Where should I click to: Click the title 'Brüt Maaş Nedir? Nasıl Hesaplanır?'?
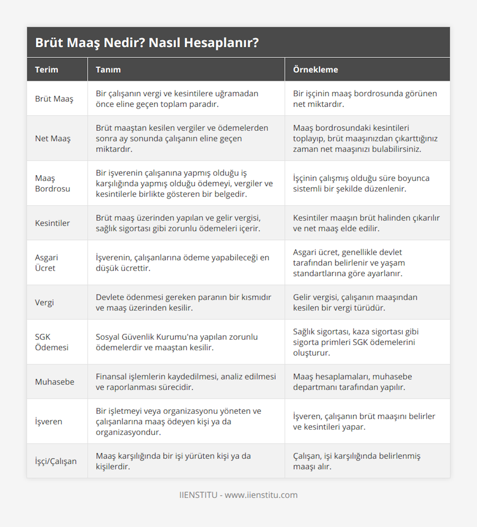[x=147, y=42]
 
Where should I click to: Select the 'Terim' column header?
[x=47, y=69]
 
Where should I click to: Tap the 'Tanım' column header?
[x=108, y=69]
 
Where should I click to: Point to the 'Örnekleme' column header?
[x=315, y=69]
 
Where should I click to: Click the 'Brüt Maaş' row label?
[x=54, y=99]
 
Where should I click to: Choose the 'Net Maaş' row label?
[x=52, y=138]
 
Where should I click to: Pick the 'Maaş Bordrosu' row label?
[x=52, y=183]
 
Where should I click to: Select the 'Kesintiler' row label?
[x=52, y=223]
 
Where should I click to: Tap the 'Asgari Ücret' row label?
[x=47, y=263]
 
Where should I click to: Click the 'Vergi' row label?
[x=44, y=302]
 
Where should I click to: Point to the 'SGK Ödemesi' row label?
[x=52, y=342]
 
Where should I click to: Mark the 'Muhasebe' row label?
[x=54, y=382]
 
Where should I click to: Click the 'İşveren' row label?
[x=48, y=421]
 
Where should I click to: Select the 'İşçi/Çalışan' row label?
[x=56, y=461]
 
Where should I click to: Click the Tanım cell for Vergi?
[x=183, y=302]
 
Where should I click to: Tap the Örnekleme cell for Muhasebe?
[x=352, y=382]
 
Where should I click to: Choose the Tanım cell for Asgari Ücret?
[x=182, y=263]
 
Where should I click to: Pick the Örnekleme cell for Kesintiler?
[x=366, y=223]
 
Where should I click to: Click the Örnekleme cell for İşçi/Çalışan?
[x=357, y=461]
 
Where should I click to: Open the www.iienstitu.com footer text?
[x=261, y=495]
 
